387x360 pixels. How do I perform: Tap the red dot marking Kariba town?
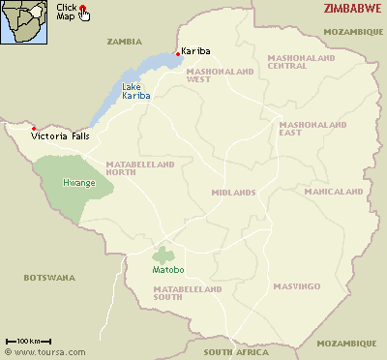176,52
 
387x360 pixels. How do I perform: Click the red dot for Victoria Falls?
34,129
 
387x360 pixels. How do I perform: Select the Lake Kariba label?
136,92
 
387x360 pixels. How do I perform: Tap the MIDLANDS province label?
233,192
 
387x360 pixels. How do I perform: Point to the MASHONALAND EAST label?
307,129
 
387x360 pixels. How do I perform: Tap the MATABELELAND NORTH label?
140,169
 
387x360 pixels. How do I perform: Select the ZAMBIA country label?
124,42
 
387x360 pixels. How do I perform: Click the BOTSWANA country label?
48,278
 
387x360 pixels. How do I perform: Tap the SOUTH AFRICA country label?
233,351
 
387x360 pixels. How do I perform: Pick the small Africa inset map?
26,22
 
